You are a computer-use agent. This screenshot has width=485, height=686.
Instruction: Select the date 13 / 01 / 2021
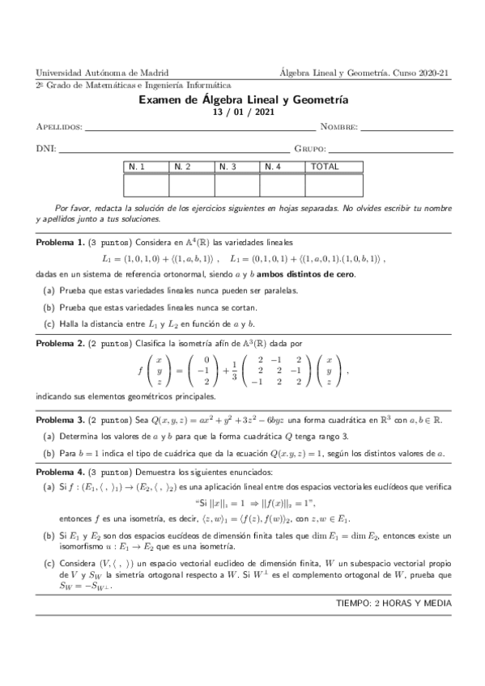(x=243, y=112)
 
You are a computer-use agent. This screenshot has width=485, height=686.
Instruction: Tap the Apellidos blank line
(x=200, y=128)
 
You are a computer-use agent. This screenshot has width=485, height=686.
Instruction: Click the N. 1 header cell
(x=146, y=167)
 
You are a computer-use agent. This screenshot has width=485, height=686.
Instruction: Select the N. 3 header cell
(x=236, y=167)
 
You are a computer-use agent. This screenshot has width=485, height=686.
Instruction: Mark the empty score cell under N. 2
(x=191, y=185)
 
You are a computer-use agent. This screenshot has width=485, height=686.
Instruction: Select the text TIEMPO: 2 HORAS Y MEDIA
(x=393, y=603)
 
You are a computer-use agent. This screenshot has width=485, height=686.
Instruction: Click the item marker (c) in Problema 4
(x=47, y=561)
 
